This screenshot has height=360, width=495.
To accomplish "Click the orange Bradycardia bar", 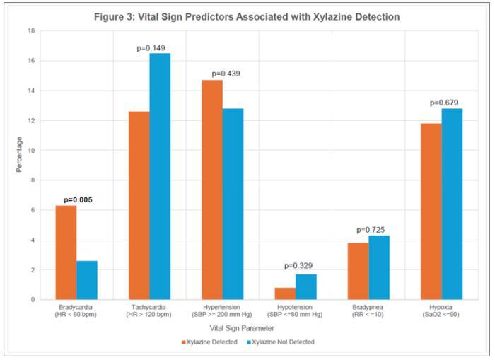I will pos(66,252).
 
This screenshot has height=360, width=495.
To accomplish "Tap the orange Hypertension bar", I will pos(211,190).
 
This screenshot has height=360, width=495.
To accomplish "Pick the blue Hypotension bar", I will pos(306,286).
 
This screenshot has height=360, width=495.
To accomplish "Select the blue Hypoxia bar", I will pos(452,204).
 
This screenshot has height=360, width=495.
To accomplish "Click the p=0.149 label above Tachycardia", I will pos(149,47).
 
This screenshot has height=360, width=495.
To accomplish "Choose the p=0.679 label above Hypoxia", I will pos(444,103).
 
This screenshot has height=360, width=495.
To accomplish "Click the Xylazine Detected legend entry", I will pos(209,342).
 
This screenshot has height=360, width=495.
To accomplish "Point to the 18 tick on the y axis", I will pos(30,31).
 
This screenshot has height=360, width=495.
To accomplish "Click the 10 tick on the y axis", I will pos(30,151).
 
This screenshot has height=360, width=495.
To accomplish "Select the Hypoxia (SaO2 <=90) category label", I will pos(441,312).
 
